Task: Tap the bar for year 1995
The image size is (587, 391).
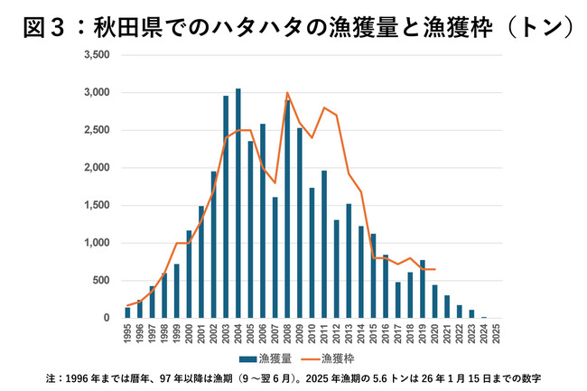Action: click(127, 312)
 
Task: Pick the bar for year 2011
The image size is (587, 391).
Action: click(324, 244)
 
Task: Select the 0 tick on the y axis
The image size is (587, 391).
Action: click(106, 318)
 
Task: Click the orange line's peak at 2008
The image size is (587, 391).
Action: click(287, 93)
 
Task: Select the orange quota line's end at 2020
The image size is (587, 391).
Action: click(435, 269)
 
